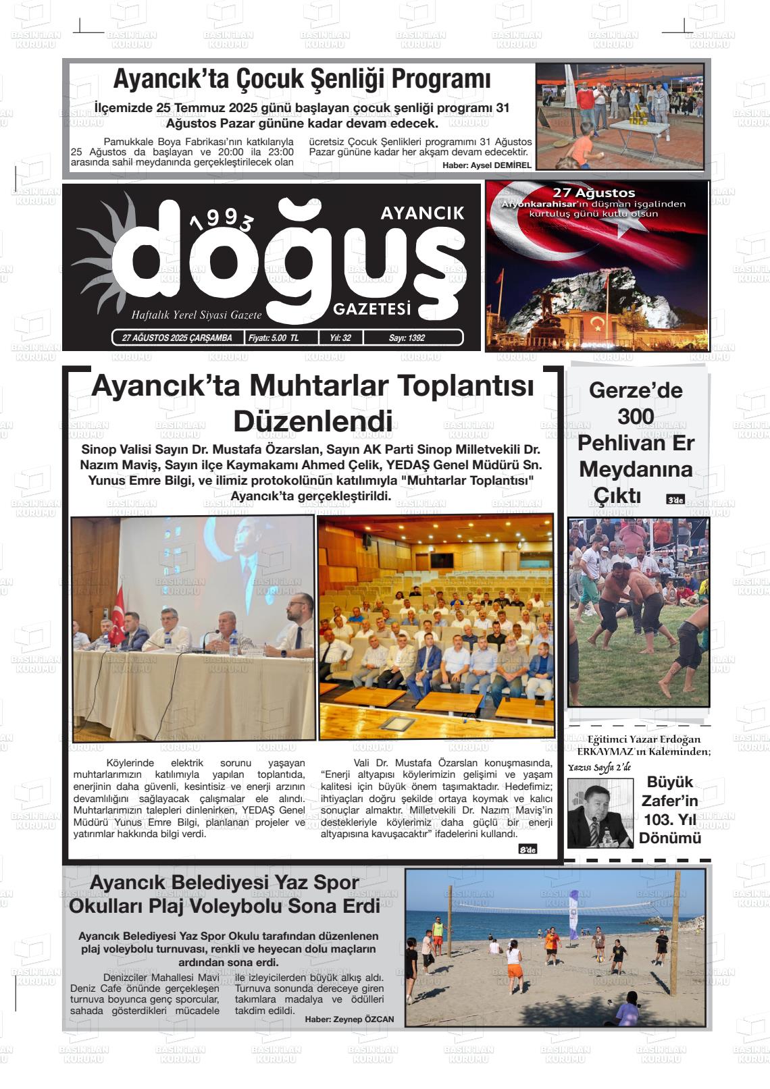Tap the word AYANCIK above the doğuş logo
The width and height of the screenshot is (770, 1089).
(x=422, y=213)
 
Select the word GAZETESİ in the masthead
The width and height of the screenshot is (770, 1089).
(x=372, y=309)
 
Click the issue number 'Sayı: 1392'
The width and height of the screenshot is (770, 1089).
(x=407, y=338)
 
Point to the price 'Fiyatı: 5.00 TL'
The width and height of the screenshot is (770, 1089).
(x=274, y=338)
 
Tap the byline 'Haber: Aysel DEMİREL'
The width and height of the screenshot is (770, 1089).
(x=487, y=165)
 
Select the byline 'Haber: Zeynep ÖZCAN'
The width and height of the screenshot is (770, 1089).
(x=349, y=1019)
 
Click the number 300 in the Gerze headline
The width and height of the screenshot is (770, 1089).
(x=636, y=417)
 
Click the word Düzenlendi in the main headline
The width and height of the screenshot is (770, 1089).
(x=313, y=421)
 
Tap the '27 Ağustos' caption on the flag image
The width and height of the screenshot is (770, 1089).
(x=594, y=193)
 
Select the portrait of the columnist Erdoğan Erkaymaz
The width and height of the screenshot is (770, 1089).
(x=600, y=813)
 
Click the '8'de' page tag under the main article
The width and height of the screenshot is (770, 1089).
(x=528, y=849)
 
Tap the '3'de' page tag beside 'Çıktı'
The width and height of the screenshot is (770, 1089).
(x=675, y=500)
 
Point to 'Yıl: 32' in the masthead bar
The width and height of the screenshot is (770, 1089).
(x=340, y=338)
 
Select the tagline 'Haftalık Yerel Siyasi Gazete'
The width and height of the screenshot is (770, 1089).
(x=196, y=315)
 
